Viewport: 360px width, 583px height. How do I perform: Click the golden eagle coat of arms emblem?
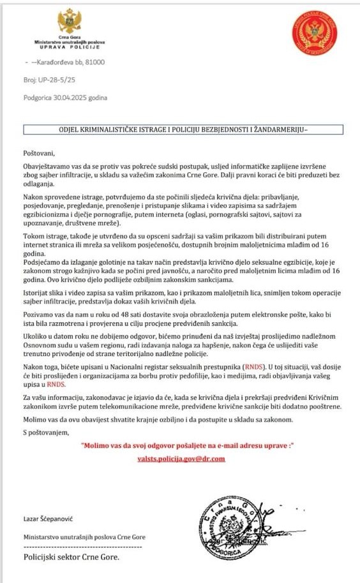click(x=70, y=21)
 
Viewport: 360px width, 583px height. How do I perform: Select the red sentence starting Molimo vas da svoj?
click(x=186, y=445)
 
